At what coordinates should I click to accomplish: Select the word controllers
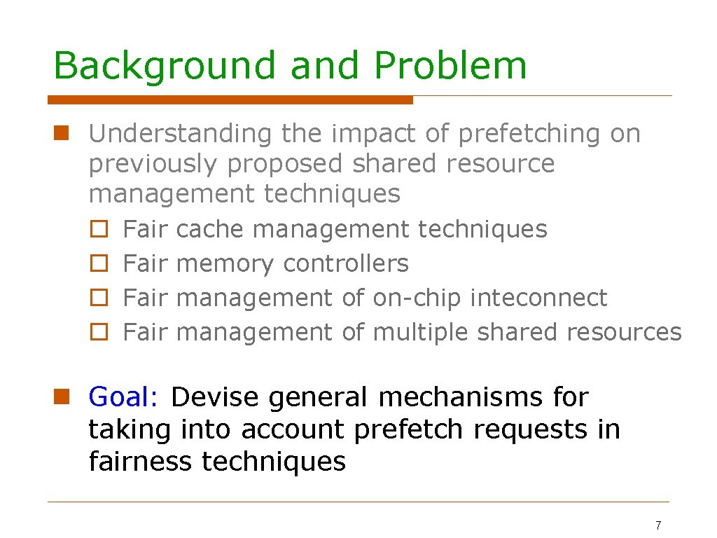tap(345, 263)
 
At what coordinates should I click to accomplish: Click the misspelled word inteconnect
tap(538, 298)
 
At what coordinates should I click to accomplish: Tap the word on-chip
tap(417, 298)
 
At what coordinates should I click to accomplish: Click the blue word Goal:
tap(125, 397)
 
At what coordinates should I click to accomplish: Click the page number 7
tap(657, 525)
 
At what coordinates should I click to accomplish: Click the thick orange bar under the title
tap(230, 100)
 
